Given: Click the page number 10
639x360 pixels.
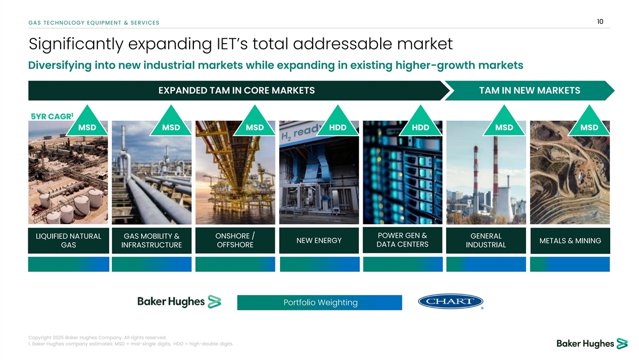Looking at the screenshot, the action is click(600, 22).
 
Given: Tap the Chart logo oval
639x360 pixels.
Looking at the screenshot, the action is click(450, 301).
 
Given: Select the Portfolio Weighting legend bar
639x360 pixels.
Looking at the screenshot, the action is click(319, 302).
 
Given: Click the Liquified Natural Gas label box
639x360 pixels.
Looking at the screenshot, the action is click(69, 241).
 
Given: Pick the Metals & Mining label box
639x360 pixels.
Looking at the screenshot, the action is click(570, 241).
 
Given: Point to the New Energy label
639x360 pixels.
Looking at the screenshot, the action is click(319, 241).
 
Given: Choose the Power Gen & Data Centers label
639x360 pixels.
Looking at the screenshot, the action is click(403, 240).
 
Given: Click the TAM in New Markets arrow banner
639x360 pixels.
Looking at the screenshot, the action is click(529, 91).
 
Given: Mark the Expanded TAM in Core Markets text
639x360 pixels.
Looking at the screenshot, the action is click(236, 91).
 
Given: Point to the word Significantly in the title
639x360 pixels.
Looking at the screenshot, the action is click(76, 44).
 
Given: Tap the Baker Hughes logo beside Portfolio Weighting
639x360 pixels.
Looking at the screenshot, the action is click(179, 301).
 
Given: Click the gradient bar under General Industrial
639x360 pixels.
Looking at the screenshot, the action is click(486, 264).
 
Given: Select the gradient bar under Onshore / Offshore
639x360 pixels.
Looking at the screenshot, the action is click(235, 264).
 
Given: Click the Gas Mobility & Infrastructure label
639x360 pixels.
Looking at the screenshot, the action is click(151, 241).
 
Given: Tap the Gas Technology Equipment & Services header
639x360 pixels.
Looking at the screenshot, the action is click(94, 23).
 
